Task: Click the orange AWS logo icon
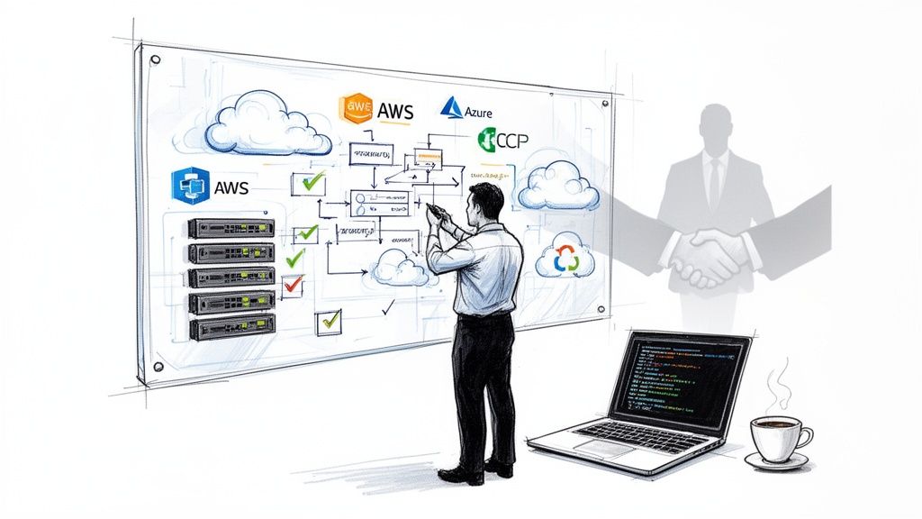[x=356, y=109]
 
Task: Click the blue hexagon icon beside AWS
[x=190, y=187]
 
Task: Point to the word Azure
[x=478, y=112]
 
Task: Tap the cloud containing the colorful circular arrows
[x=565, y=258]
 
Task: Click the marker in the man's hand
[x=433, y=210]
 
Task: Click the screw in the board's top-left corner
[x=155, y=60]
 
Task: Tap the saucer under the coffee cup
[x=776, y=460]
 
